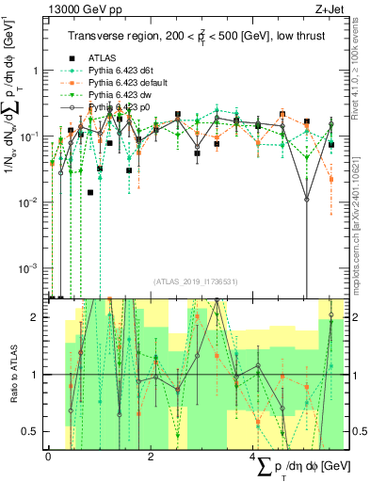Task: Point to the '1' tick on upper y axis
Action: (x=35, y=72)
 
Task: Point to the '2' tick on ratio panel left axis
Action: (x=35, y=317)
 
